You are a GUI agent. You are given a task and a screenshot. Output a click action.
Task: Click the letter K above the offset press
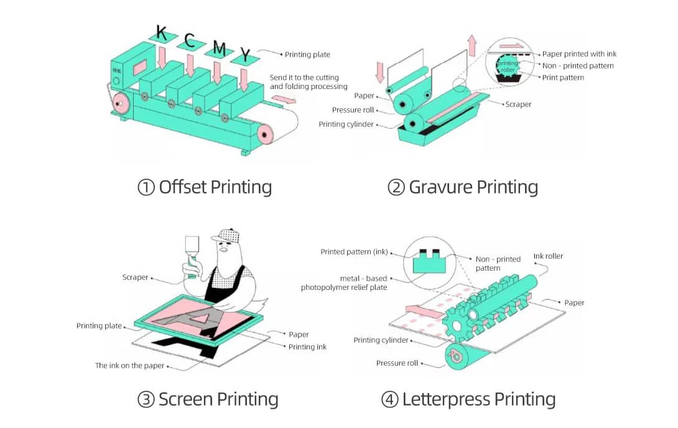point(162,32)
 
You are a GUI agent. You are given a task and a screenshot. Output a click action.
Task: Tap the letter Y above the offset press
point(245,57)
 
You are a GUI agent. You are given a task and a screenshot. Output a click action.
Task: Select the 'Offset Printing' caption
point(205,187)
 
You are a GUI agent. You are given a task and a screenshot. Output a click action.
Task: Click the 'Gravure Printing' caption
point(463,187)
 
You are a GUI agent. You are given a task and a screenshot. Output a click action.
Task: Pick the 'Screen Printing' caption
point(208,399)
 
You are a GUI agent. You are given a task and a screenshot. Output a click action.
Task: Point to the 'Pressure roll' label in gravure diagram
point(353,110)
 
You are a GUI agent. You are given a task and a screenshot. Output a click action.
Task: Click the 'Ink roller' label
point(548,256)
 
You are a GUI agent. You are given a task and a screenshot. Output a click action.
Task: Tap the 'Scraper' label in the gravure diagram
point(518,105)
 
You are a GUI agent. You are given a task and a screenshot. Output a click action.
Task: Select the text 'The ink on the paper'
point(129,366)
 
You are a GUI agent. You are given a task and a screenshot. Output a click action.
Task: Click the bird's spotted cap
point(226,235)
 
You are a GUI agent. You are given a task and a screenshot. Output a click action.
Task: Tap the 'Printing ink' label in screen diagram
point(307,347)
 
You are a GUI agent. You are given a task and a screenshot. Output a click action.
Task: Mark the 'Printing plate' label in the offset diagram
point(307,55)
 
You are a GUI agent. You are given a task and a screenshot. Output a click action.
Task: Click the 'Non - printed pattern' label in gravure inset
point(578,66)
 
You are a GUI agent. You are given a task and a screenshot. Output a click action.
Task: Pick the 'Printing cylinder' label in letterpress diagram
point(381,340)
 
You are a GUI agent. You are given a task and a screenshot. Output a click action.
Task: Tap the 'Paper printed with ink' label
point(579,54)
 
